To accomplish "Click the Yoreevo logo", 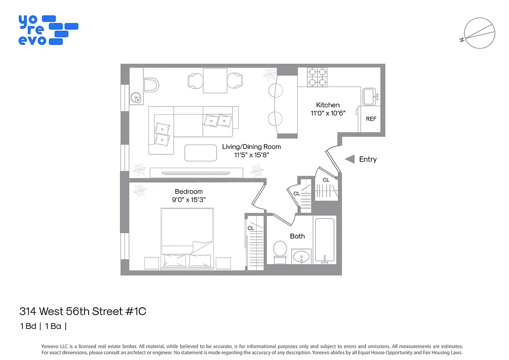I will pyautogui.click(x=48, y=30).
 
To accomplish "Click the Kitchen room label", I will pyautogui.click(x=328, y=105).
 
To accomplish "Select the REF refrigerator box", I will pyautogui.click(x=371, y=119).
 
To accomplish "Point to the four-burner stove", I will pyautogui.click(x=317, y=77).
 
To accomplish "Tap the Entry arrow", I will pyautogui.click(x=349, y=159).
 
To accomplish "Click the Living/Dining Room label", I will pyautogui.click(x=251, y=147).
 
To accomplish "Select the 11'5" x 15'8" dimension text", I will pyautogui.click(x=251, y=155).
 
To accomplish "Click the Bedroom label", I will pyautogui.click(x=189, y=191).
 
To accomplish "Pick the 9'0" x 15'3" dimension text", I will pyautogui.click(x=189, y=200).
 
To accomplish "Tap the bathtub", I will pyautogui.click(x=324, y=240).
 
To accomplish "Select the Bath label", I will pyautogui.click(x=297, y=236).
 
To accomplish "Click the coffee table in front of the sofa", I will pyautogui.click(x=200, y=152).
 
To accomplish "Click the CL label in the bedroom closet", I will pyautogui.click(x=251, y=228).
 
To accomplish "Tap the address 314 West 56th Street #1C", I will pyautogui.click(x=83, y=311).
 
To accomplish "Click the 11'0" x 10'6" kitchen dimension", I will pyautogui.click(x=328, y=113).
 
